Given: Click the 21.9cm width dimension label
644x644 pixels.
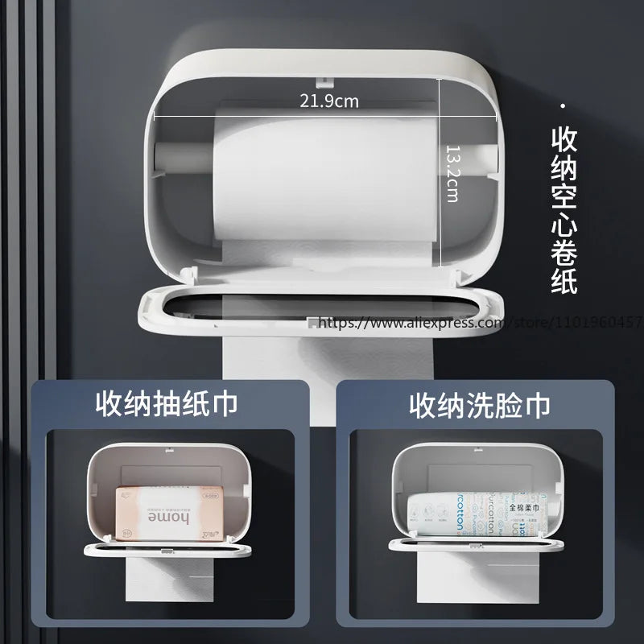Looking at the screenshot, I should click(329, 101).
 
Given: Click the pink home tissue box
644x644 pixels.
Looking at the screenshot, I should click(160, 513).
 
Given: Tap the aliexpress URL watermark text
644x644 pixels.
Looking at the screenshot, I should click(475, 323).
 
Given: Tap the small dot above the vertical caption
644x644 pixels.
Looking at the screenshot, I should click(563, 106).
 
